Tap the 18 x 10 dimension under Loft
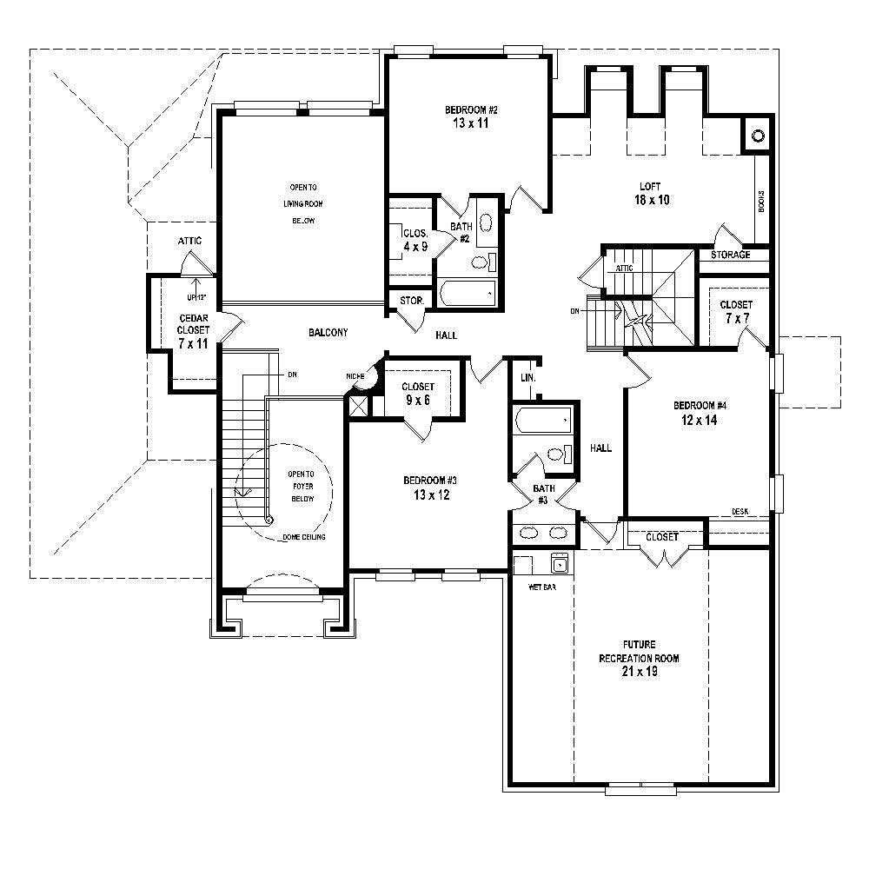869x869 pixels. (650, 200)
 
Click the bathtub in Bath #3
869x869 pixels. (543, 421)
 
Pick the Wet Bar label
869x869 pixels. (542, 587)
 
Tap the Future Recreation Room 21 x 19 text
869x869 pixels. (639, 659)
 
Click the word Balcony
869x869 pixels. (328, 333)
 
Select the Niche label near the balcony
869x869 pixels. (355, 375)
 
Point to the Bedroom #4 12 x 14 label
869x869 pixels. (700, 413)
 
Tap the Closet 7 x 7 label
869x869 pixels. (736, 311)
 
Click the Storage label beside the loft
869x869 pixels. (730, 255)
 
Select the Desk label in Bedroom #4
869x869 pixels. (740, 512)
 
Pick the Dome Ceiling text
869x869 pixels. (304, 538)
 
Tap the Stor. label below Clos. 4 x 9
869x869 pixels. (411, 301)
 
